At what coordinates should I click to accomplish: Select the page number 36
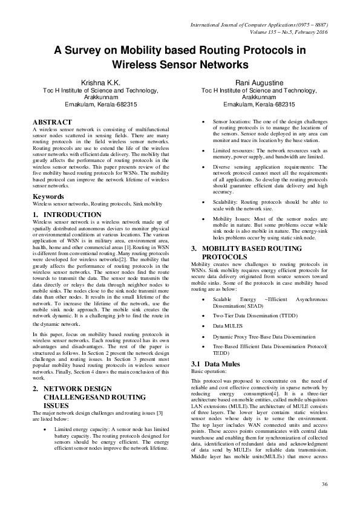(325, 484)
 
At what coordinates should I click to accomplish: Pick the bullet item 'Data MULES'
(229, 325)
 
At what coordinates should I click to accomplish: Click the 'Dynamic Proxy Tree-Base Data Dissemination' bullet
(264, 336)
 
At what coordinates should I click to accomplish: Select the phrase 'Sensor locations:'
(235, 122)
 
